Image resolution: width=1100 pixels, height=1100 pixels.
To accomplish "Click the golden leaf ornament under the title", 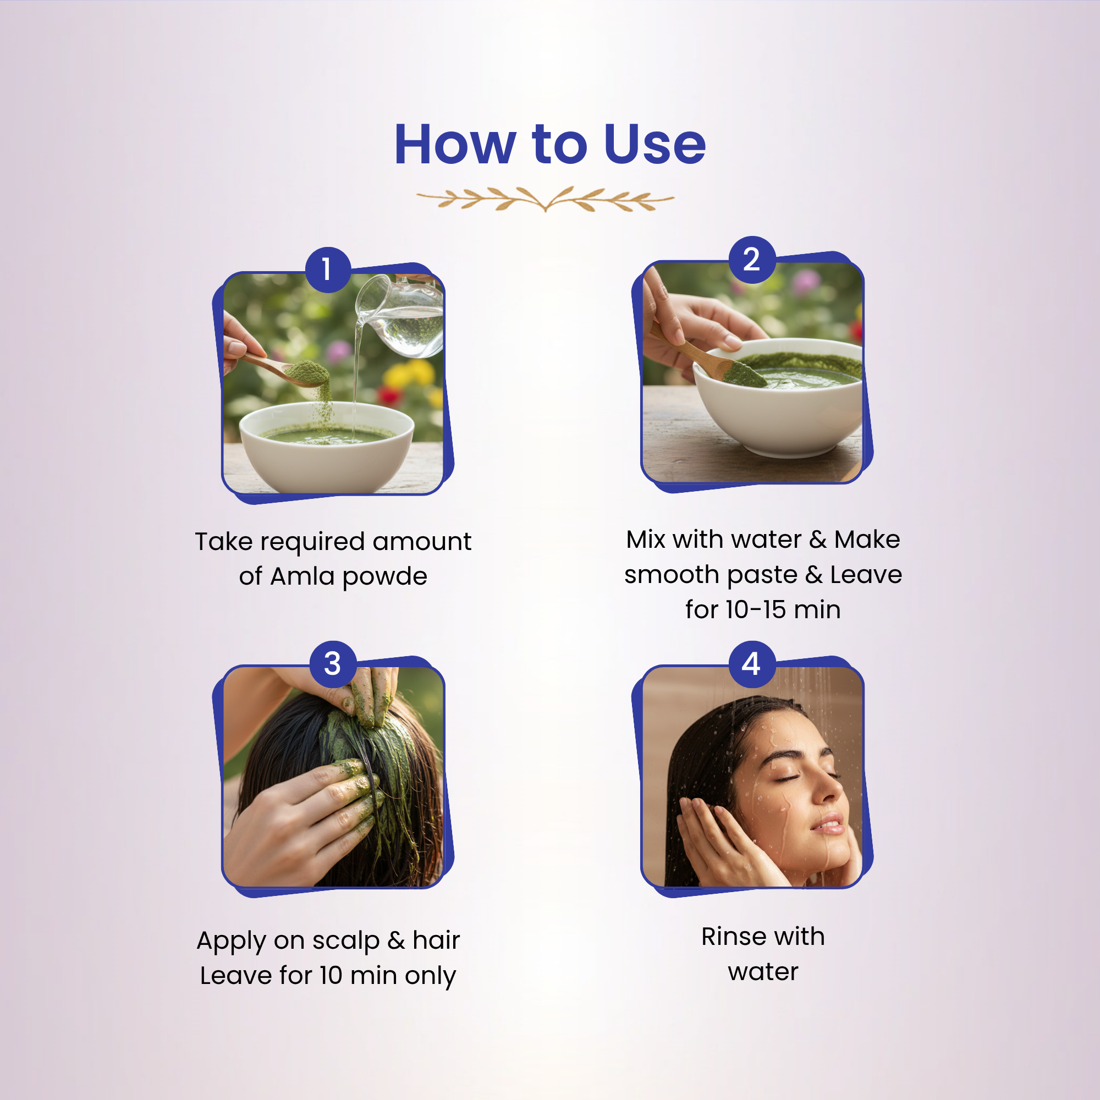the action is point(546,199).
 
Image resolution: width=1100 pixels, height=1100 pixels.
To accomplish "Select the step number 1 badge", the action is point(327,270).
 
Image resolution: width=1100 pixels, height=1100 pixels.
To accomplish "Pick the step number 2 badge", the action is point(751,260).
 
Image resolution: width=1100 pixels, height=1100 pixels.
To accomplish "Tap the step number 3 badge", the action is point(333,664).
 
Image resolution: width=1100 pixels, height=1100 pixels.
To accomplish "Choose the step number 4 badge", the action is point(751,664).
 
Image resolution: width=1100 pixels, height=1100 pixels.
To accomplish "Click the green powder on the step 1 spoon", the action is point(308,373).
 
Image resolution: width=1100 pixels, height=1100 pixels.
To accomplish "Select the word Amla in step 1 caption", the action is point(302,576).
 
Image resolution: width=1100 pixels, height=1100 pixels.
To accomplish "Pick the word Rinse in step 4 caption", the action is point(735,937).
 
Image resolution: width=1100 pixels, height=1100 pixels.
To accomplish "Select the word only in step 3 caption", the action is point(431,977).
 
